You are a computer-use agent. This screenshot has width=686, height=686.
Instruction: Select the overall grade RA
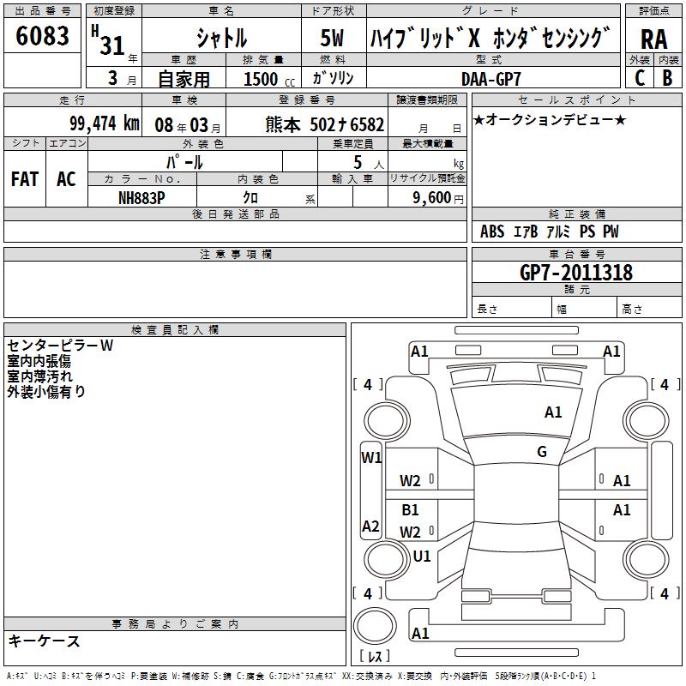[x=653, y=39]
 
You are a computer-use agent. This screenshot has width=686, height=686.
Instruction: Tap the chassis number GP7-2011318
[x=576, y=273]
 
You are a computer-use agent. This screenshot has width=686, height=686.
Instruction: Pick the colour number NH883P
[x=141, y=196]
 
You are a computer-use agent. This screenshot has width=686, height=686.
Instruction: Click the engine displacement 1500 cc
[x=267, y=79]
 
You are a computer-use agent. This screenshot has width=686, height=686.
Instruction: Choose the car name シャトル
[x=221, y=39]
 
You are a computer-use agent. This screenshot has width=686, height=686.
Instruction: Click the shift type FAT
[x=25, y=179]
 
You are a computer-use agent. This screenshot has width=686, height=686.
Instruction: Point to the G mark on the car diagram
[x=542, y=452]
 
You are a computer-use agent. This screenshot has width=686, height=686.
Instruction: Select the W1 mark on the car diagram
[x=371, y=457]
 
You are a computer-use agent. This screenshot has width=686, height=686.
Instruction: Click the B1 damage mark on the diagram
[x=411, y=510]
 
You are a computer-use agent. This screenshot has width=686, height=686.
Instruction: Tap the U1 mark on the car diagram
[x=422, y=557]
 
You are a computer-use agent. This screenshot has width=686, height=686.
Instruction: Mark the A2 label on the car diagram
[x=370, y=527]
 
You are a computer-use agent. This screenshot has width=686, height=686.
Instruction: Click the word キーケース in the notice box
[x=44, y=641]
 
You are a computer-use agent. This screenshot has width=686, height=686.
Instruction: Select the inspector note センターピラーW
[x=60, y=346]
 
